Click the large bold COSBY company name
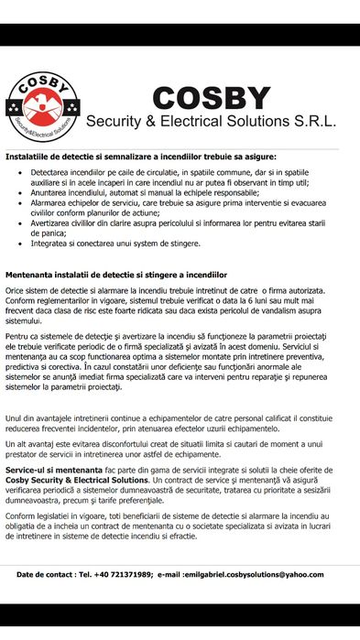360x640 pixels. [212, 97]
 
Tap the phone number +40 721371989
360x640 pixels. [123, 574]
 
